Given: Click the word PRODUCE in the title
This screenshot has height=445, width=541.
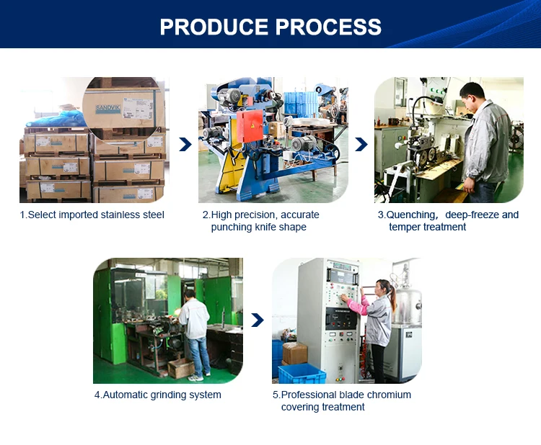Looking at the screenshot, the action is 214,27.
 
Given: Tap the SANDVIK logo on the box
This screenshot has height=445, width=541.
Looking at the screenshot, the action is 108,109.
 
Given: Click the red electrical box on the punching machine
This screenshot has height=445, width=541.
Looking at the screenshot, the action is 250,126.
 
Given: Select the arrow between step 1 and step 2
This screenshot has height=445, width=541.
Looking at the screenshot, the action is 185,144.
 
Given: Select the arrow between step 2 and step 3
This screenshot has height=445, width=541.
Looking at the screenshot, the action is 361,144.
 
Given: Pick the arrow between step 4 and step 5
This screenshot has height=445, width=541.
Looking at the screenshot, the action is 258,320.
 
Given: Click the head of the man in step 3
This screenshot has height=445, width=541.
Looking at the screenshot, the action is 472,94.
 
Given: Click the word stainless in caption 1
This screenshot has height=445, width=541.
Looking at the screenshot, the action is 120,215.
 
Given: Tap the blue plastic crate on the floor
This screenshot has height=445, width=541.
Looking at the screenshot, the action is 302,374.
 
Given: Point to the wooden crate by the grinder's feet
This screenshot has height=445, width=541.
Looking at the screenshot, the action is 181,368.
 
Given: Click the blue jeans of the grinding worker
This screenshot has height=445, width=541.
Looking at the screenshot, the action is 199,356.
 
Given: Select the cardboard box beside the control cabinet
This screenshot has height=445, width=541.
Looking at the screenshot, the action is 294,353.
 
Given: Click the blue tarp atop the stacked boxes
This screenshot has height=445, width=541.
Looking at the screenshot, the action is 56,120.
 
